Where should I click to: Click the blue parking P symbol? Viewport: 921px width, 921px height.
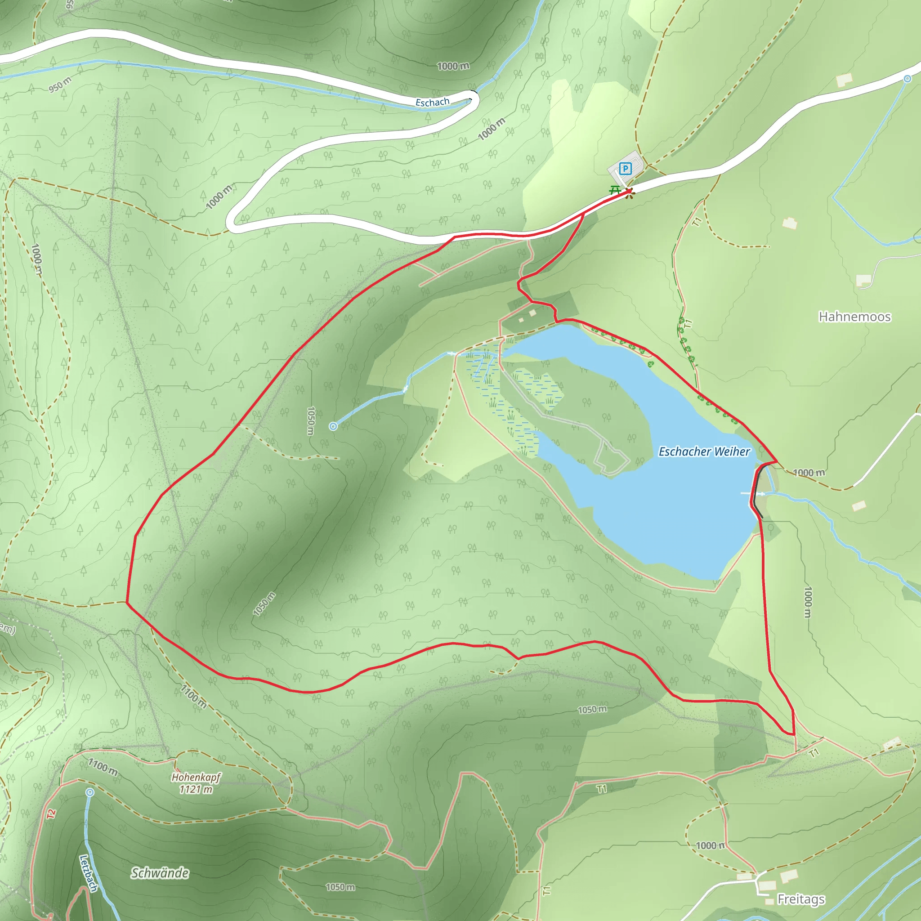(x=625, y=168)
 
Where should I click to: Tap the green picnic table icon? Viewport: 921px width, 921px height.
(x=615, y=190)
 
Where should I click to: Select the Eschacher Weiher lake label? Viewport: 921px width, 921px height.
(x=704, y=452)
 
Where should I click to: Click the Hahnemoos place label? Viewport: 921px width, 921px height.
(x=854, y=317)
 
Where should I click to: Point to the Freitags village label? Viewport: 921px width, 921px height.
(x=801, y=899)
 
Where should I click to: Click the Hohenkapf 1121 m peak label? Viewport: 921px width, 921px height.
(x=196, y=783)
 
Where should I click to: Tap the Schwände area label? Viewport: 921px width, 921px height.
(x=160, y=873)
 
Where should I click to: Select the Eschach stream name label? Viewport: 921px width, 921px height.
(x=432, y=102)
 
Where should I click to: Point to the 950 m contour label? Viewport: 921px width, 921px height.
(x=60, y=85)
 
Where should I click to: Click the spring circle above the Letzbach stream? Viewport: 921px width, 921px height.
(x=90, y=792)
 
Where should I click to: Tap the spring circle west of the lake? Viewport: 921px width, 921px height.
(x=333, y=426)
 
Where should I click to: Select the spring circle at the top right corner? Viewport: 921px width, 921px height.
(x=907, y=79)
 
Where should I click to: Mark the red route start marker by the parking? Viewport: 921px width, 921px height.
(x=629, y=192)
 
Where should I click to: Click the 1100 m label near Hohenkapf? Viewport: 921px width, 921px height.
(x=103, y=767)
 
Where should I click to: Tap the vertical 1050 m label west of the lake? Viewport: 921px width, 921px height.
(x=310, y=420)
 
